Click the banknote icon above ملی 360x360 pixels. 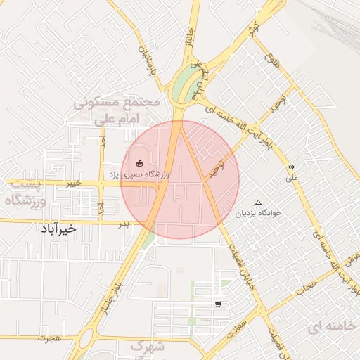(292, 167)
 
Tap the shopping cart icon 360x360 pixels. (218, 304)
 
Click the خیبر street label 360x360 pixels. (72, 183)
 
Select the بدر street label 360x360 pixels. (124, 224)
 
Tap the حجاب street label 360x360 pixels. (307, 285)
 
